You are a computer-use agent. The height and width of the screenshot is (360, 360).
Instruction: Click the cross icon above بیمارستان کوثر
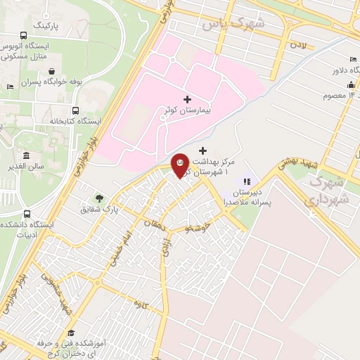click(186, 100)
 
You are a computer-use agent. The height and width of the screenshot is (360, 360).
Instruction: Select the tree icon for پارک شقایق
click(99, 198)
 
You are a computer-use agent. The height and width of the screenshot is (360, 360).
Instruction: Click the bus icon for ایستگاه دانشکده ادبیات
click(27, 213)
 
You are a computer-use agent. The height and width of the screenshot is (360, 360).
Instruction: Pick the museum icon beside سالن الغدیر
click(26, 155)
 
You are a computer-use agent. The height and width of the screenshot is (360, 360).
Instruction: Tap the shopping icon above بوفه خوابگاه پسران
click(53, 71)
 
